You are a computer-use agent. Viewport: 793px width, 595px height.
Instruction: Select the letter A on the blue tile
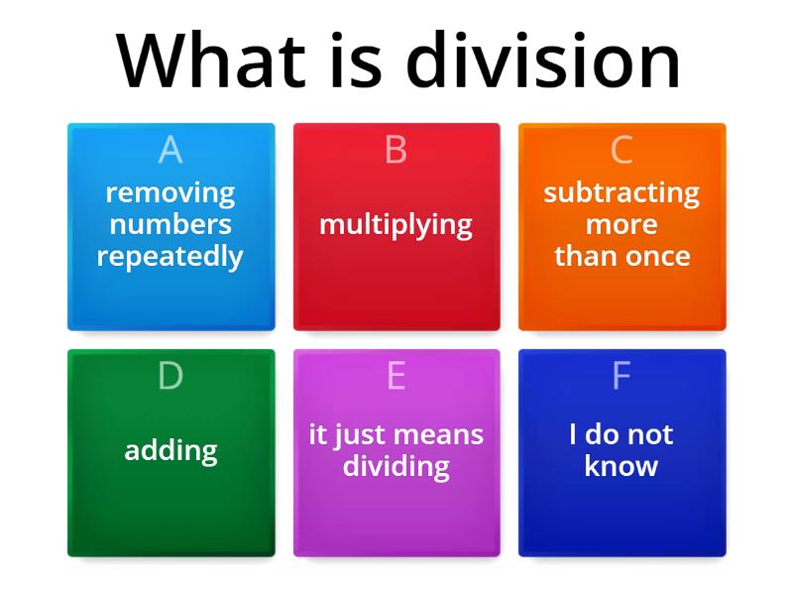[x=170, y=150]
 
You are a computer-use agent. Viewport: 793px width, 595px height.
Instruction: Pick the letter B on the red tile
[x=396, y=150]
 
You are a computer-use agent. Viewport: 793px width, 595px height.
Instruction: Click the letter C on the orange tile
[x=622, y=150]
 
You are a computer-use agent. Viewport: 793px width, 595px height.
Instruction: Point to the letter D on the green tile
[x=170, y=376]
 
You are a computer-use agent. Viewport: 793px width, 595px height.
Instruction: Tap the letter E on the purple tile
[x=396, y=376]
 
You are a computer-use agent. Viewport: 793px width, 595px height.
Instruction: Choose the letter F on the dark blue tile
[x=622, y=376]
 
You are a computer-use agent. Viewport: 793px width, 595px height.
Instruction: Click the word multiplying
[x=396, y=224]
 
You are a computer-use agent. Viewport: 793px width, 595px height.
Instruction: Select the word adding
[x=170, y=450]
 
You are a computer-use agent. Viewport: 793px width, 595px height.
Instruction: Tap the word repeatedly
[x=170, y=256]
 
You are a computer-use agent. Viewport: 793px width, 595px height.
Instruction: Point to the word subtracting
[x=622, y=192]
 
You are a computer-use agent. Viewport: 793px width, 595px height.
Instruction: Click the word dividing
[x=396, y=466]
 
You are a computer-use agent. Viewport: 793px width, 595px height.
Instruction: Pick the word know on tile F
[x=622, y=466]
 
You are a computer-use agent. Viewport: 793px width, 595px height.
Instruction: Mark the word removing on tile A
[x=170, y=192]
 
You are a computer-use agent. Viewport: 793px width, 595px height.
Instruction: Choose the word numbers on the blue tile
[x=170, y=224]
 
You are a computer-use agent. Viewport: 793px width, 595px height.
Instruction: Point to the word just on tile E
[x=360, y=434]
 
